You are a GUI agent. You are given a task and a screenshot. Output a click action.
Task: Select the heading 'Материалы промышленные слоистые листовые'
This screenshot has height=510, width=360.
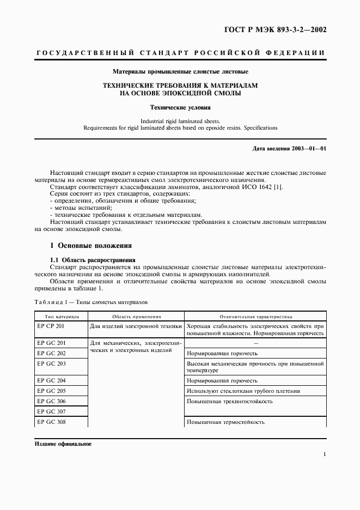[x=180, y=71]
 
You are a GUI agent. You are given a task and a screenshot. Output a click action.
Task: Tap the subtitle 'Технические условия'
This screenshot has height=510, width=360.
[x=180, y=108]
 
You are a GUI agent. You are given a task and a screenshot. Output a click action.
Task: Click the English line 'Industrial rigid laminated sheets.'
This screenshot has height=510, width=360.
[x=180, y=121]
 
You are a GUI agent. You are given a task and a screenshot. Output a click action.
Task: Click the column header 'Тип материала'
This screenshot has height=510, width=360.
[x=58, y=316]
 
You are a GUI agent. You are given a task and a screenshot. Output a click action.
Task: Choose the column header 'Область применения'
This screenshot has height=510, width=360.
[x=136, y=316]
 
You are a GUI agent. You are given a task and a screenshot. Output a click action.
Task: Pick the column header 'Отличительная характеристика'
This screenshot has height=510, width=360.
[x=255, y=316]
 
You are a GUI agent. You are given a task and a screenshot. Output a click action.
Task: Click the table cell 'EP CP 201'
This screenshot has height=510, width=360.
[x=51, y=326]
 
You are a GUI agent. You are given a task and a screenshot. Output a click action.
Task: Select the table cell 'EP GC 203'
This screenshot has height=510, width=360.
[x=51, y=363]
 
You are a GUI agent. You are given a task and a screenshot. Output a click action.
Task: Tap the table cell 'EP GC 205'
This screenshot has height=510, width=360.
[x=51, y=391]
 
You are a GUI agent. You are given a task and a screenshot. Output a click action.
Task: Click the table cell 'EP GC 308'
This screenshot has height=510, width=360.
[x=51, y=422]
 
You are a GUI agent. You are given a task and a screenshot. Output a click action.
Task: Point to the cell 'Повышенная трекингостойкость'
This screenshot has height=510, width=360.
[x=229, y=402]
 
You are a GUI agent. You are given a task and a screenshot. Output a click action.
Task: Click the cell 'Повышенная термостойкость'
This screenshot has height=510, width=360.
[x=225, y=422]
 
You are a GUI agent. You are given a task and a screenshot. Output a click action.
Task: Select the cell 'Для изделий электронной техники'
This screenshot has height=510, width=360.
[x=136, y=326]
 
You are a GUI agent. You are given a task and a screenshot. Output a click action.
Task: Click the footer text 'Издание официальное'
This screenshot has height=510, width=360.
[x=63, y=444]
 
